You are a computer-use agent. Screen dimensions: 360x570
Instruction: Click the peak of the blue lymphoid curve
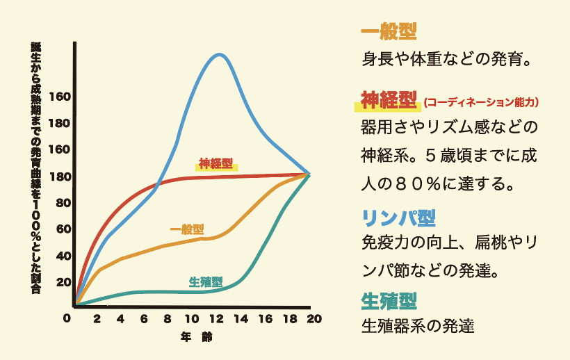coord(220,54)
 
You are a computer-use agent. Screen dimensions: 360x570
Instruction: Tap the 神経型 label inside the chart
coord(216,164)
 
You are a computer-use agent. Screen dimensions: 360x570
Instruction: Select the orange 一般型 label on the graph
coord(187,229)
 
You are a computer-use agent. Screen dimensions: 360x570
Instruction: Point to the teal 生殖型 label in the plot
coord(206,282)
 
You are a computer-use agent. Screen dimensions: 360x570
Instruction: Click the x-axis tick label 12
coord(217,319)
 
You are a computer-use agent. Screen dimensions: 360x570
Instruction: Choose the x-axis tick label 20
coord(314,319)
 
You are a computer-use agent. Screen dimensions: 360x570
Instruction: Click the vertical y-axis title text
coord(35,167)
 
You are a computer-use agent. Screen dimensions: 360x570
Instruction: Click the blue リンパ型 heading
coord(398,218)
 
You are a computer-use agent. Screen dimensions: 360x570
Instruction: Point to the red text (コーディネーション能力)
coord(481,103)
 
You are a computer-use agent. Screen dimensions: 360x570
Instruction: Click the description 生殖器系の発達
coord(418,325)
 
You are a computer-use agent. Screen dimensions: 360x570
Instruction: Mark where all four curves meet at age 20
coord(309,174)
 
